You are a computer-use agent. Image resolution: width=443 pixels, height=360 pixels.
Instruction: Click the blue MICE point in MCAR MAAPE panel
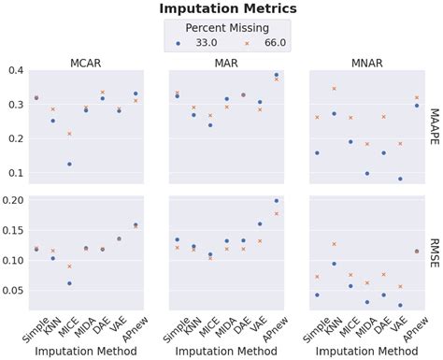(69, 164)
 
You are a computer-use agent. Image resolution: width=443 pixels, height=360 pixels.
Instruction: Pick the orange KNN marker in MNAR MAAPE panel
(334, 89)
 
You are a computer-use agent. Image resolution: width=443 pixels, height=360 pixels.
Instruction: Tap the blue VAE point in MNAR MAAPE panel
(400, 179)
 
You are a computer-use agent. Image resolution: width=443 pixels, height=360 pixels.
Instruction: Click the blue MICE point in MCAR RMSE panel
(69, 283)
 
